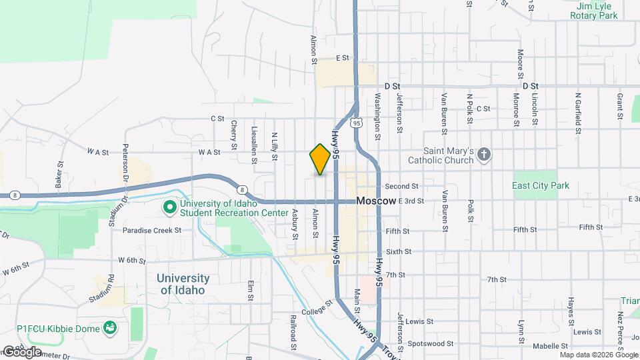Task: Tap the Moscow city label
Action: (377, 201)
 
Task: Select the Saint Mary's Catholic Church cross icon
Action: (485, 156)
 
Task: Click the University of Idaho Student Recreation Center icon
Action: (170, 209)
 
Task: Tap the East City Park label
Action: (541, 185)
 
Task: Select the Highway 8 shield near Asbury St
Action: (241, 189)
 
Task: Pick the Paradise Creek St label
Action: (152, 230)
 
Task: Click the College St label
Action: (316, 307)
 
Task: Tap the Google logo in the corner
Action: (21, 351)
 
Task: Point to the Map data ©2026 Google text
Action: (598, 355)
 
